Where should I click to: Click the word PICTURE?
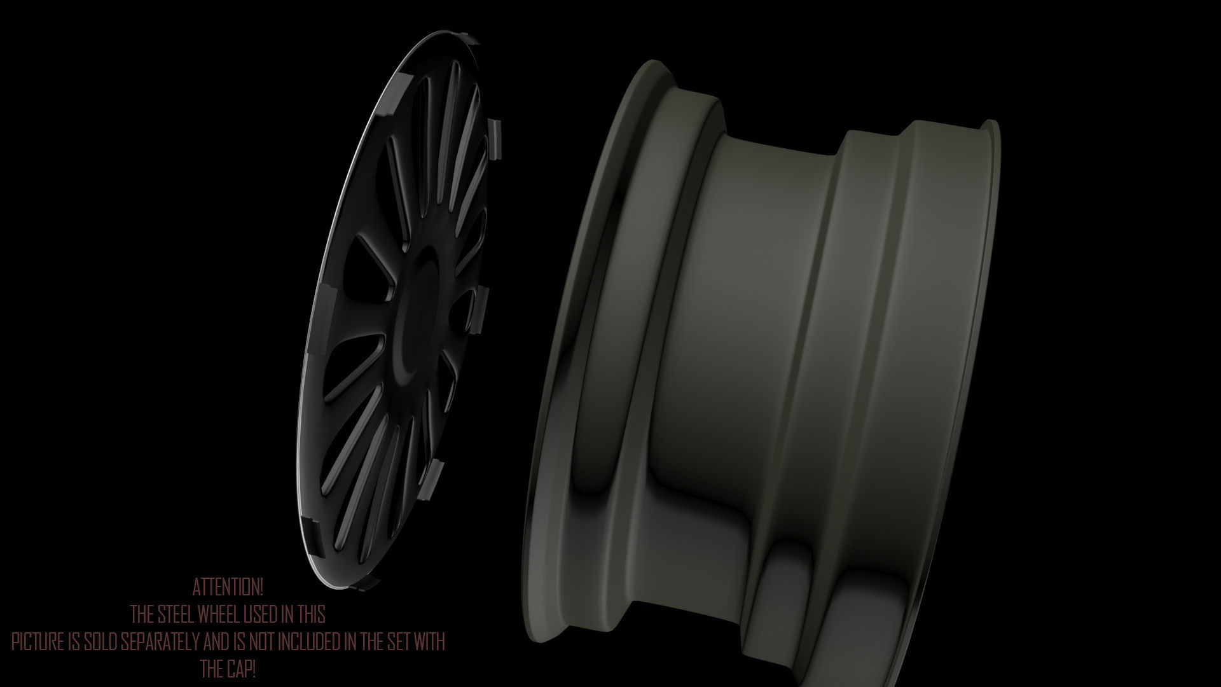pos(38,642)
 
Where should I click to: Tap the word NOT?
pos(261,642)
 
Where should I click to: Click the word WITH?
pos(430,642)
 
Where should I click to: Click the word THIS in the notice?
pos(310,614)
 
